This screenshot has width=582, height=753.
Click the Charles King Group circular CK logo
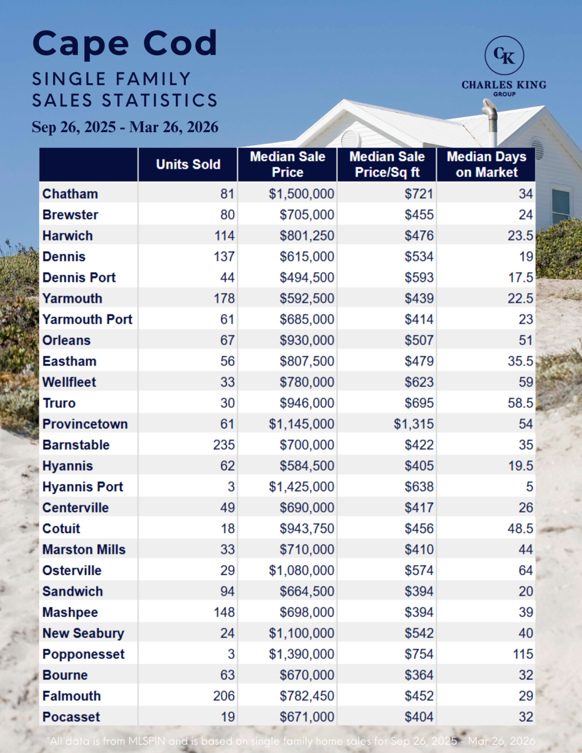pos(504,56)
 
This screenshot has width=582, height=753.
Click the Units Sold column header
pos(188,164)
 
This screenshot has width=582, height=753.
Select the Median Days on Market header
pos(486,164)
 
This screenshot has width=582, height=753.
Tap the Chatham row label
pos(70,194)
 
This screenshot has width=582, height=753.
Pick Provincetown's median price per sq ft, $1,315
pos(414,424)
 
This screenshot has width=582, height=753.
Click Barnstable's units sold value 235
pos(224,445)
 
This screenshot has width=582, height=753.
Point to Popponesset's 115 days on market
pos(523,654)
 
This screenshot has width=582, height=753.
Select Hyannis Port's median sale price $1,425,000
pos(301,487)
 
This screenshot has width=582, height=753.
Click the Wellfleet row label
pos(69,382)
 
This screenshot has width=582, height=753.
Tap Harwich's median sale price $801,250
pos(306,236)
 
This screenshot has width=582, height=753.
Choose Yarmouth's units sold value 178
pos(224,298)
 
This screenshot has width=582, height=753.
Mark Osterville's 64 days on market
pos(526,570)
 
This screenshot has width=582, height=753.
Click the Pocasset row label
pos(71,717)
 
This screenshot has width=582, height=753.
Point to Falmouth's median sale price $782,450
pos(306,696)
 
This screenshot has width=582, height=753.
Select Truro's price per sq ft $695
pos(419,403)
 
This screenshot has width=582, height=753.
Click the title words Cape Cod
pos(125,43)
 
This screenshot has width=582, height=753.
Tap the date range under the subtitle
pos(125,127)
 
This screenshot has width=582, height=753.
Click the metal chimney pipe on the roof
pos(491,121)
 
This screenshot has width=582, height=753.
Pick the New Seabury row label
pos(83,633)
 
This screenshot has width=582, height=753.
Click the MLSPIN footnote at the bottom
pos(291,741)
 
